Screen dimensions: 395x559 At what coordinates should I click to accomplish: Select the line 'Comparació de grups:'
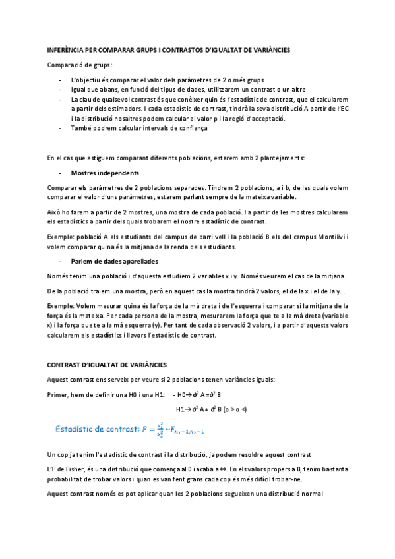(x=80, y=65)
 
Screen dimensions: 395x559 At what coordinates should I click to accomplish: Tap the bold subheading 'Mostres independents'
(x=105, y=173)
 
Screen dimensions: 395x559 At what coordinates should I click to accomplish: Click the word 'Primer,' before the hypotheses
(x=60, y=395)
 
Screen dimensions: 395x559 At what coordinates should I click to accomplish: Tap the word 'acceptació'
(x=266, y=119)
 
